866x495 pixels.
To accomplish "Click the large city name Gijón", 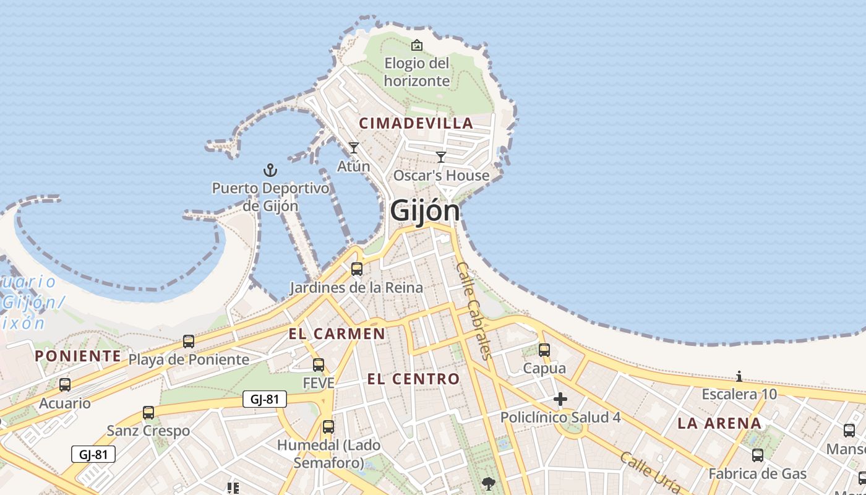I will click(425, 212).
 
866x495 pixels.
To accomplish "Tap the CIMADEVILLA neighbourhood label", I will click(416, 123).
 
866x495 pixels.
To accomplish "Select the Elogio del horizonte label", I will click(417, 72).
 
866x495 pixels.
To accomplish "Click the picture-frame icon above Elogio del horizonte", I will click(417, 45).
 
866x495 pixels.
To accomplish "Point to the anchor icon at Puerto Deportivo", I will click(270, 170).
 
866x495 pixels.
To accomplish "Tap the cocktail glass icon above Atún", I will click(354, 148).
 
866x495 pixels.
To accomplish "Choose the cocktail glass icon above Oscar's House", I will click(441, 157).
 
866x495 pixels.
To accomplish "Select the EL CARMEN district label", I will click(337, 334).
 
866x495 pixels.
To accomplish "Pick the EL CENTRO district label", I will click(414, 379).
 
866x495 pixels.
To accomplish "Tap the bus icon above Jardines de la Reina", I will click(357, 269).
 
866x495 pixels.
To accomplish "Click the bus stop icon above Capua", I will click(544, 350).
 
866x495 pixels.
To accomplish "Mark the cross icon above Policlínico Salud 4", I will click(560, 399).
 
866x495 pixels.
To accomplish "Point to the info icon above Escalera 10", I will click(739, 376).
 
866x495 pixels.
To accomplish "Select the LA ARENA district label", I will click(719, 423).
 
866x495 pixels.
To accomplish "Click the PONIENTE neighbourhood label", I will click(78, 356).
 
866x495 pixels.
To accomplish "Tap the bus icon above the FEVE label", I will click(319, 365).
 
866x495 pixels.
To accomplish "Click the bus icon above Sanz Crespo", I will click(148, 413).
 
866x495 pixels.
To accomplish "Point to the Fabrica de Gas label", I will click(757, 474).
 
